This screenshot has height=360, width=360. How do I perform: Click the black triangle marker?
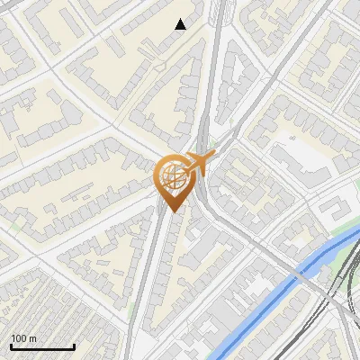tap(181, 24)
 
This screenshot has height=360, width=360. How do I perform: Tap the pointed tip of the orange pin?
tap(172, 211)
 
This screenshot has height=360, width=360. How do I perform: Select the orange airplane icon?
tap(200, 163)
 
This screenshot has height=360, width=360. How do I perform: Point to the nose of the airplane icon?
tap(215, 157)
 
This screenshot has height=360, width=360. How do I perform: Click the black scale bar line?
tap(42, 347)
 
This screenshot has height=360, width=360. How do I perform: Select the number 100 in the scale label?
tap(19, 338)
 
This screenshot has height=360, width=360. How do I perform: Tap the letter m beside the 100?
tap(32, 339)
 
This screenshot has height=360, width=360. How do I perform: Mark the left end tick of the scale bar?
tap(11, 346)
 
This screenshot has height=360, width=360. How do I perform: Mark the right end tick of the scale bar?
tap(74, 346)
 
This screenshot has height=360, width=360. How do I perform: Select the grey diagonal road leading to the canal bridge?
tap(261, 243)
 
